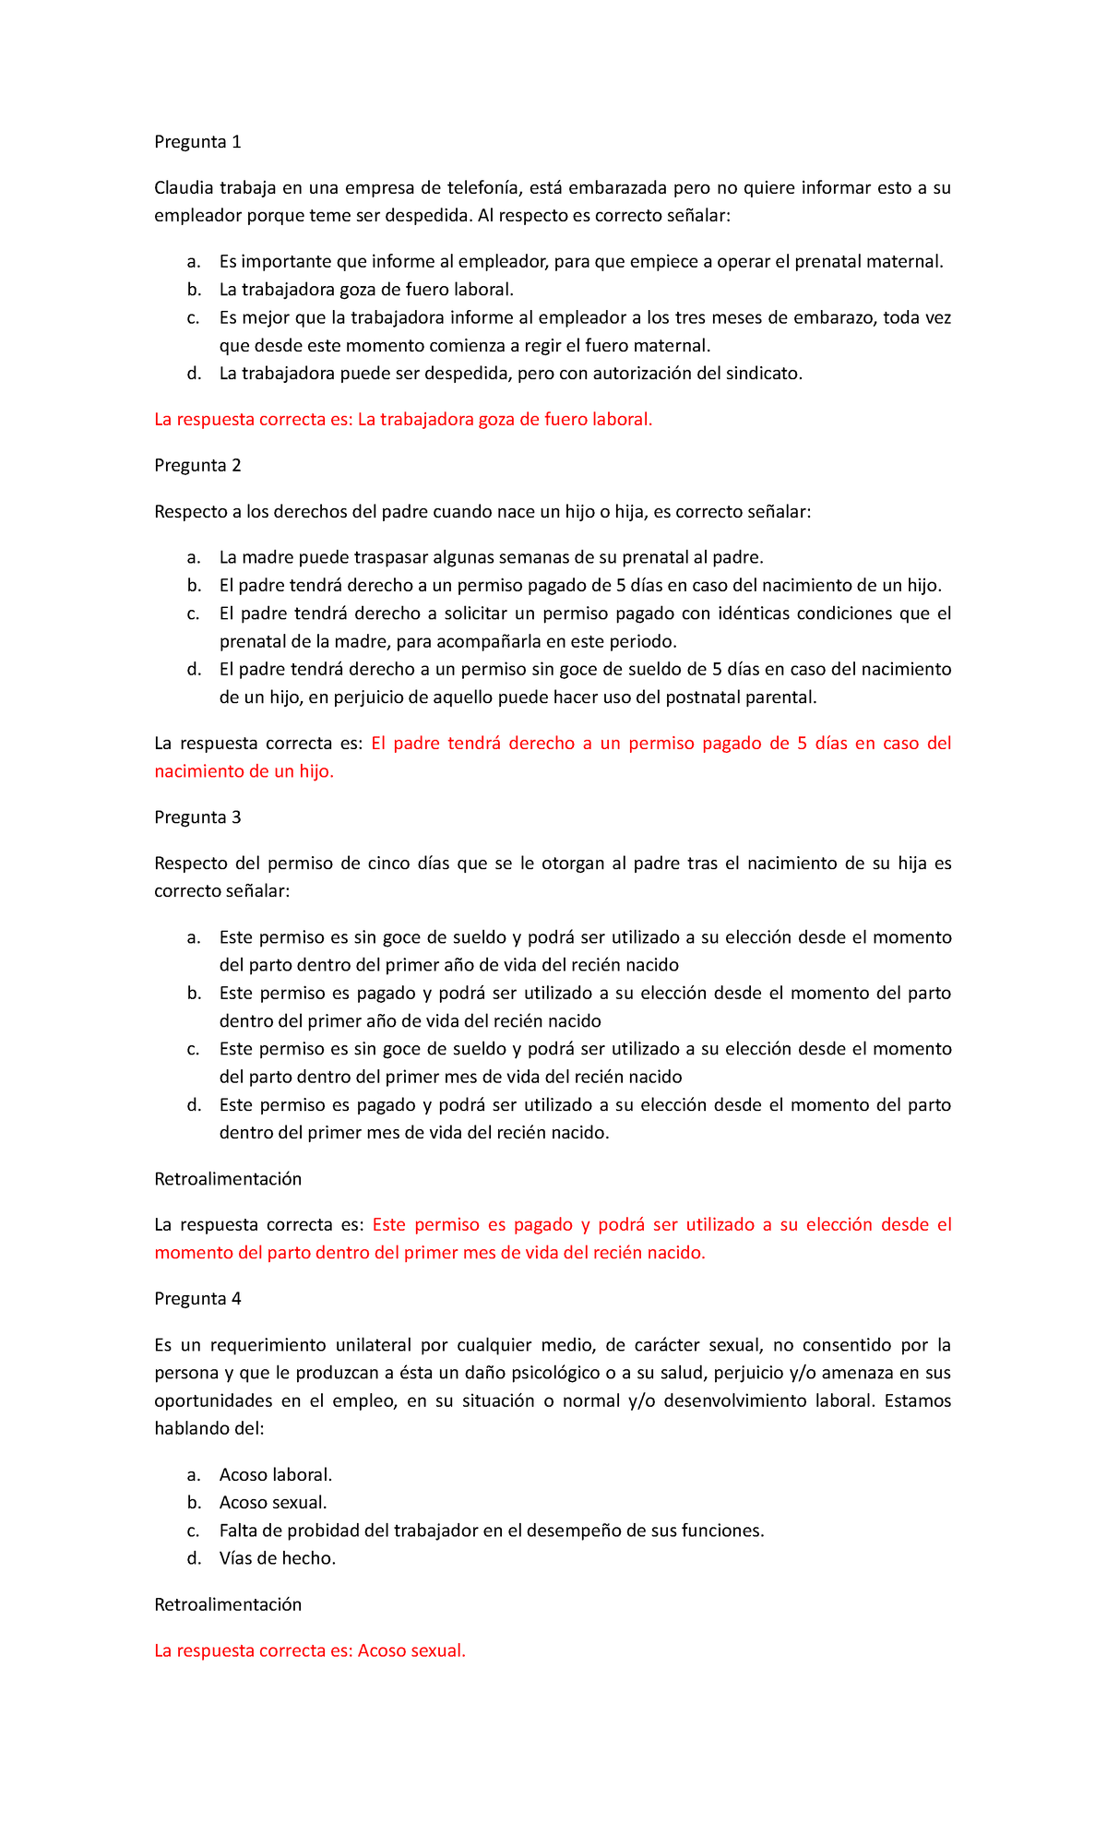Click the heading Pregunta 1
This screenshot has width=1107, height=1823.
pyautogui.click(x=197, y=141)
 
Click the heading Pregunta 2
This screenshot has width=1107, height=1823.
pyautogui.click(x=197, y=465)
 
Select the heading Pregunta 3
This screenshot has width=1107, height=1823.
pyautogui.click(x=197, y=816)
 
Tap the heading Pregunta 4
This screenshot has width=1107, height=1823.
pyautogui.click(x=197, y=1298)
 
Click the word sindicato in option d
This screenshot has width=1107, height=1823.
pyautogui.click(x=763, y=373)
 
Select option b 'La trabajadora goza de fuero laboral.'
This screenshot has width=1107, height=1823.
pyautogui.click(x=366, y=290)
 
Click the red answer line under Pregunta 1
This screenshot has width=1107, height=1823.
pyautogui.click(x=403, y=419)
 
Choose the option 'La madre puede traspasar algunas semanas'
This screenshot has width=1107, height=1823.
pyautogui.click(x=491, y=557)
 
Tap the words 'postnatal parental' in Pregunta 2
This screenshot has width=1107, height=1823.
pyautogui.click(x=742, y=697)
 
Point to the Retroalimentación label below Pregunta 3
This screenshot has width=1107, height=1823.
pyautogui.click(x=228, y=1178)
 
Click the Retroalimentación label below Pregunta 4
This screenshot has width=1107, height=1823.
pyautogui.click(x=228, y=1604)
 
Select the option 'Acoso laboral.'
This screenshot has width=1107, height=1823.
pyautogui.click(x=275, y=1474)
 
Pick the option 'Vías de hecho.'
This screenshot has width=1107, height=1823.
pyautogui.click(x=277, y=1558)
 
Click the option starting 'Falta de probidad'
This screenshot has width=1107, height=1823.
pyautogui.click(x=492, y=1531)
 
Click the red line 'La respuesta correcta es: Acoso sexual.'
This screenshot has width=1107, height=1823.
pyautogui.click(x=310, y=1650)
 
